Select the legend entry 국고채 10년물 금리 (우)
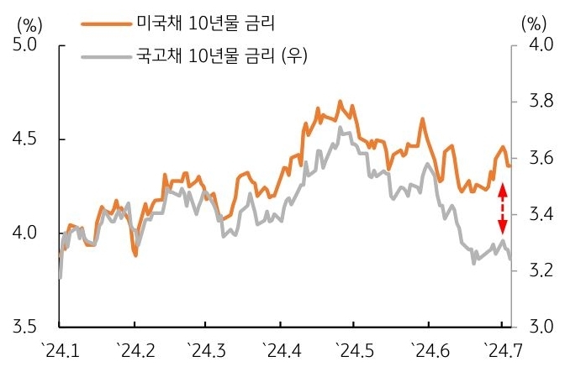coord(221,56)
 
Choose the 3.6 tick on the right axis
coord(535,158)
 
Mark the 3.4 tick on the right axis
coord(535,214)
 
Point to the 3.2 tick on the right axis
coord(535,270)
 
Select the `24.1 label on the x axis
coord(61,347)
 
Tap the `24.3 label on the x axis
coord(208,347)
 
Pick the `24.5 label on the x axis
coord(354,347)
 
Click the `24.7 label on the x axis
coord(501,347)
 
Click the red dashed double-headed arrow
coord(503,209)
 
